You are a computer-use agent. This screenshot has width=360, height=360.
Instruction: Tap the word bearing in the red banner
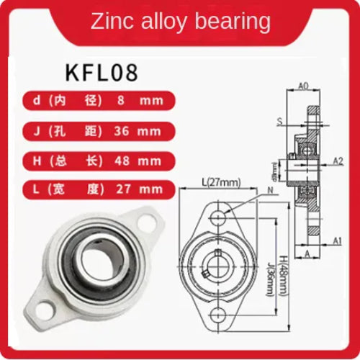click(238, 23)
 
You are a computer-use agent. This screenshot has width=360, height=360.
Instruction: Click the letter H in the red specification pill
click(37, 161)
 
